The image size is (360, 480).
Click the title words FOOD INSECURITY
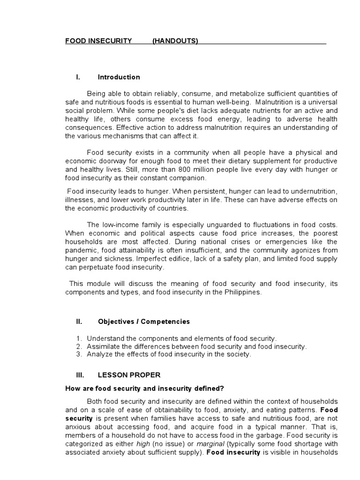98,41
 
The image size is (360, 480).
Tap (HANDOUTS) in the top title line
175,41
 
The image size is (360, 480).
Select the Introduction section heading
119,77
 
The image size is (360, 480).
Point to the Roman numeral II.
79,322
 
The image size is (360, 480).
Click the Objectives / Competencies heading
144,322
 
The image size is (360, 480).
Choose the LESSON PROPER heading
129,375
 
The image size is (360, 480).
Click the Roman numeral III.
79,375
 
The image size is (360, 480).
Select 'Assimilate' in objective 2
103,346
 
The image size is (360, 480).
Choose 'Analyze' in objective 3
99,354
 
